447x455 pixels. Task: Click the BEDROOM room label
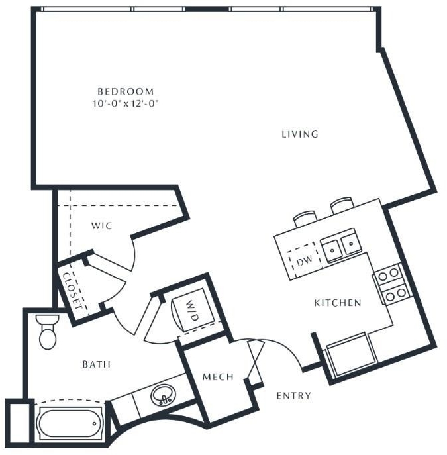[126, 91]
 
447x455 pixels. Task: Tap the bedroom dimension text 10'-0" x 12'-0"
[126, 103]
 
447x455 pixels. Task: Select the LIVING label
[300, 134]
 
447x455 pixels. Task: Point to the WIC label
[102, 226]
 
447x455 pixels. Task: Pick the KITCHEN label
[338, 303]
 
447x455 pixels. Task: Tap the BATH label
[97, 364]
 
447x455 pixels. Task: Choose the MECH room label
[219, 377]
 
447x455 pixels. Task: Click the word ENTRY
[294, 396]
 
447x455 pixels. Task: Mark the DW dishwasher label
[305, 261]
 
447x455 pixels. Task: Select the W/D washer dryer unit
[193, 309]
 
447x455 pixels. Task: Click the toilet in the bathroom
[48, 332]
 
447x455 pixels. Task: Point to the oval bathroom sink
[164, 395]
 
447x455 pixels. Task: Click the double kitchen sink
[340, 246]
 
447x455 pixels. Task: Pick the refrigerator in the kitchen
[352, 355]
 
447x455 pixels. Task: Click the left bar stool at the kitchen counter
[305, 219]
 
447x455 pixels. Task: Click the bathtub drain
[94, 423]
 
